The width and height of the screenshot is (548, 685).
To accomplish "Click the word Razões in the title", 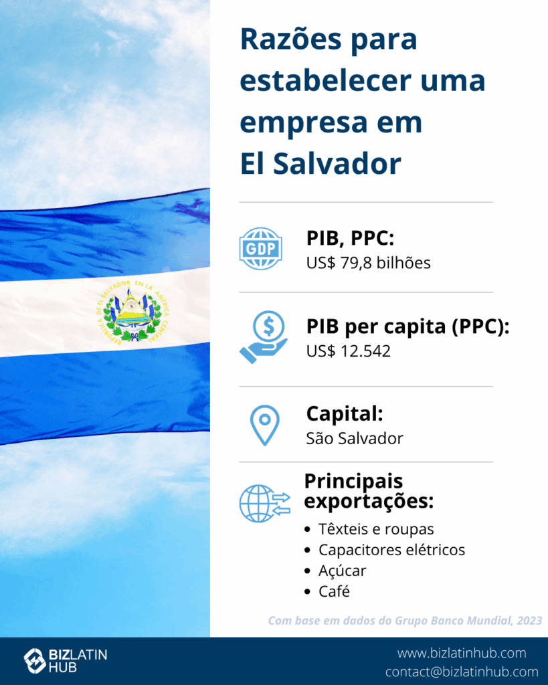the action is [291, 39].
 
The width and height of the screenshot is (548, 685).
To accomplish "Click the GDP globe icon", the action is [260, 249].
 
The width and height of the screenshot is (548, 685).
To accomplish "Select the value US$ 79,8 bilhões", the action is [368, 263].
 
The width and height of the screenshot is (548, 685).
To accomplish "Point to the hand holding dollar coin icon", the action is [264, 337].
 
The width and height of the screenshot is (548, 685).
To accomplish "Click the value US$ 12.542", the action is [349, 351].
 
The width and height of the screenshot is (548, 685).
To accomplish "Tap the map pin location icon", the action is [264, 425].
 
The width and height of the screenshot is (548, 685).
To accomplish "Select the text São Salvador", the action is [355, 438].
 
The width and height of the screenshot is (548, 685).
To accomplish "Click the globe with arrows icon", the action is [265, 503].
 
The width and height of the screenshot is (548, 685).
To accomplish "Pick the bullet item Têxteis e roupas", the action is [376, 529].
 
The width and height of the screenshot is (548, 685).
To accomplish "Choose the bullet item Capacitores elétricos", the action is [391, 550].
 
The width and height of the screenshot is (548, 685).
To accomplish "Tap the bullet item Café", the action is [334, 591].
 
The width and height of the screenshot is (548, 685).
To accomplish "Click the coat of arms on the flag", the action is [132, 311].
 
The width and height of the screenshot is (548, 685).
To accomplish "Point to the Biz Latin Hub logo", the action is [66, 660].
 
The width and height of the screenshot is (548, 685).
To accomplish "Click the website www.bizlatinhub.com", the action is [462, 653].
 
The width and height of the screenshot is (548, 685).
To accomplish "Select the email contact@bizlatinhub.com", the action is [462, 672].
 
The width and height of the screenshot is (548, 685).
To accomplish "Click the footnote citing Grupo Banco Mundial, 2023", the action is [405, 621].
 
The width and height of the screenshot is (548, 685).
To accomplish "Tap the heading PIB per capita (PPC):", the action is [407, 326].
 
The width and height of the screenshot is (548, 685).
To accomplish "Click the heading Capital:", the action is [345, 413].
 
